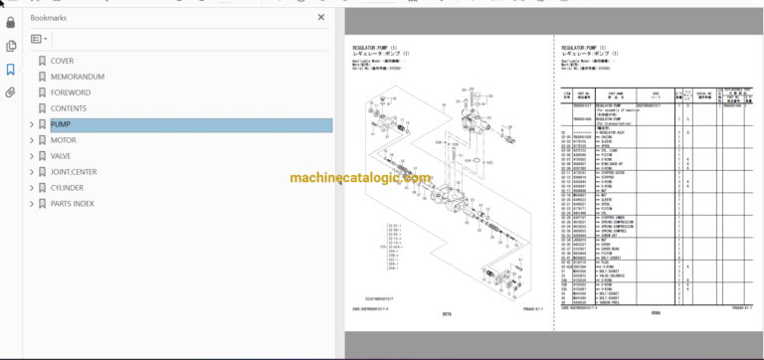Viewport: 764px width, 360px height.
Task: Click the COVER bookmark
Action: tap(62, 61)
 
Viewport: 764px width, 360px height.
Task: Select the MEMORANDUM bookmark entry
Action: tap(77, 77)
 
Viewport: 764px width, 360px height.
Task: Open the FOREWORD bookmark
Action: tap(70, 92)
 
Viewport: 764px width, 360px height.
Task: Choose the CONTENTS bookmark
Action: tap(69, 108)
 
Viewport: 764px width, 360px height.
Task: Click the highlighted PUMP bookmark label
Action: tap(61, 124)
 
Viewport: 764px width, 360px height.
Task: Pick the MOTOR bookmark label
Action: tap(63, 140)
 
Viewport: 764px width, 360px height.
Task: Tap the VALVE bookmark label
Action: tap(62, 156)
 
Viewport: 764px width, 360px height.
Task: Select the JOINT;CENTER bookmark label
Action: tap(74, 171)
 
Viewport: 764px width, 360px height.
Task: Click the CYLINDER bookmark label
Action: tap(67, 187)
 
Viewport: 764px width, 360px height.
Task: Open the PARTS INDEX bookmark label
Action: tap(72, 203)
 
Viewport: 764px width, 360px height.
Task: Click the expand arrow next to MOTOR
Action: tap(31, 140)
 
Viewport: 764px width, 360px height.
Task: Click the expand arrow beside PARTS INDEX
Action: tap(31, 203)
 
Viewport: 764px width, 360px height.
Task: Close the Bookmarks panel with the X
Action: tap(320, 17)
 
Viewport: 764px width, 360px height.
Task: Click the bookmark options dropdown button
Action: tap(40, 39)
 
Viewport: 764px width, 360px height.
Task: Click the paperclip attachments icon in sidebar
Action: tap(11, 92)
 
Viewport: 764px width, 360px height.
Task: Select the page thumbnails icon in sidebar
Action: tap(11, 45)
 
